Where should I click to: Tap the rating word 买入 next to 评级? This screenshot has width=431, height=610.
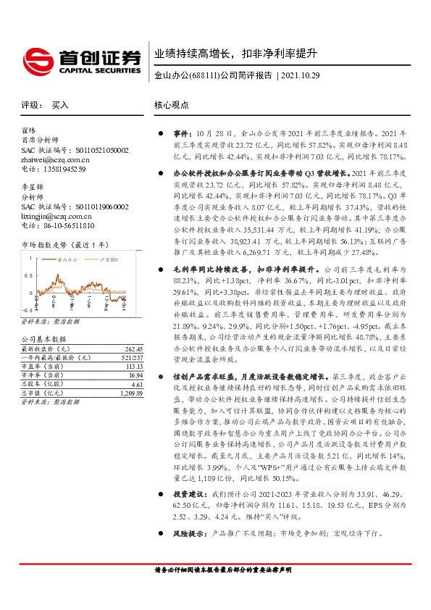[x=60, y=105]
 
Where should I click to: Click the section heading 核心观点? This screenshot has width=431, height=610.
[x=171, y=105]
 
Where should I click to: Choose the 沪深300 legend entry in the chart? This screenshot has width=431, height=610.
[x=106, y=256]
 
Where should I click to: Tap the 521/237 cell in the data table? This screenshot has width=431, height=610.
[x=131, y=357]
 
